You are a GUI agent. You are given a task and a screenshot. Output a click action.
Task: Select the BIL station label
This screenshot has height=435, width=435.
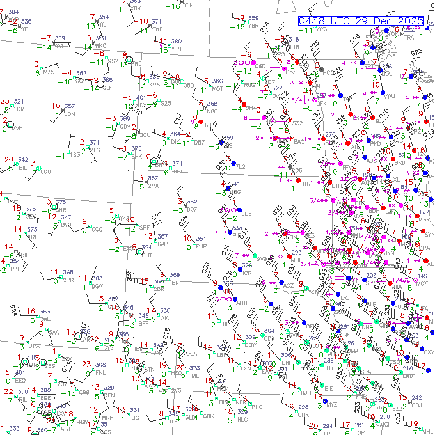tap(23, 168)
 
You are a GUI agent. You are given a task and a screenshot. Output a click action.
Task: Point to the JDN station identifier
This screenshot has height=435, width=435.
tap(70, 114)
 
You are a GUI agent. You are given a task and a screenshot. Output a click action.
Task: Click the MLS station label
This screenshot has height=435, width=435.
tap(94, 150)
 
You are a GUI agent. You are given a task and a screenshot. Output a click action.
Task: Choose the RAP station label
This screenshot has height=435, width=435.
tap(162, 244)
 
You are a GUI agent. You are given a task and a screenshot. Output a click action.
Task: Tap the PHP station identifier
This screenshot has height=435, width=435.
tap(201, 246)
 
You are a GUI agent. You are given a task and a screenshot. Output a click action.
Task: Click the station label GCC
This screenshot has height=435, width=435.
tap(97, 229)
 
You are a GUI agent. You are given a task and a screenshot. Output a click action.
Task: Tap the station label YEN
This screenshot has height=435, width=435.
tap(177, 49)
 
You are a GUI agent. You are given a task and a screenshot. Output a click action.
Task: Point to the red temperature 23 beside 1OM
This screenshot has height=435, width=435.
tap(5, 101)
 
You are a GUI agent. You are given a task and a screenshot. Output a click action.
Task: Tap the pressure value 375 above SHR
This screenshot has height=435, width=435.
tap(61, 202)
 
